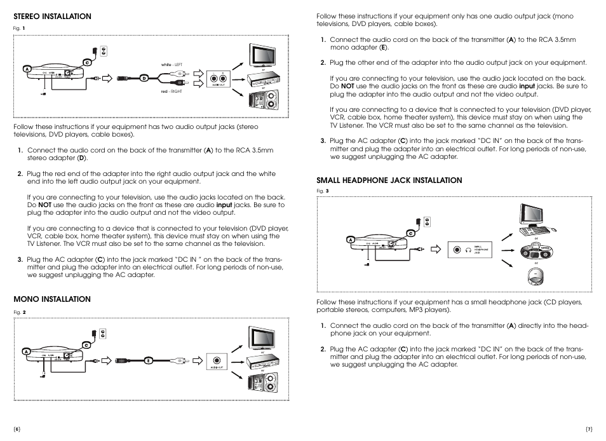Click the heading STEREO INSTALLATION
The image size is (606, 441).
coord(53,17)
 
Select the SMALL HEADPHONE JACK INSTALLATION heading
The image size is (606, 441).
coord(389,180)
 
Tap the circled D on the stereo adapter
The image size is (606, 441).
coord(144,78)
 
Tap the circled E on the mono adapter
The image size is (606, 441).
coord(148,360)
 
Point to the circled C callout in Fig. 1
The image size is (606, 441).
coord(87,62)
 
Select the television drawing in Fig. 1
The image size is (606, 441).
coord(262,55)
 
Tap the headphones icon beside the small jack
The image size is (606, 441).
coord(468,250)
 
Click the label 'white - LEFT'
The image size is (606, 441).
coord(172,64)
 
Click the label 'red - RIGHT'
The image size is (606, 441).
coord(171,92)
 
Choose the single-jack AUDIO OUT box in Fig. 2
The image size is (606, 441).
coord(218,360)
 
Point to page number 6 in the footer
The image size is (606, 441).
coord(17,430)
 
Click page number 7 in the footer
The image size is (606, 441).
coord(589,430)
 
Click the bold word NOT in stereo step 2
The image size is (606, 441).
coord(44,205)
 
